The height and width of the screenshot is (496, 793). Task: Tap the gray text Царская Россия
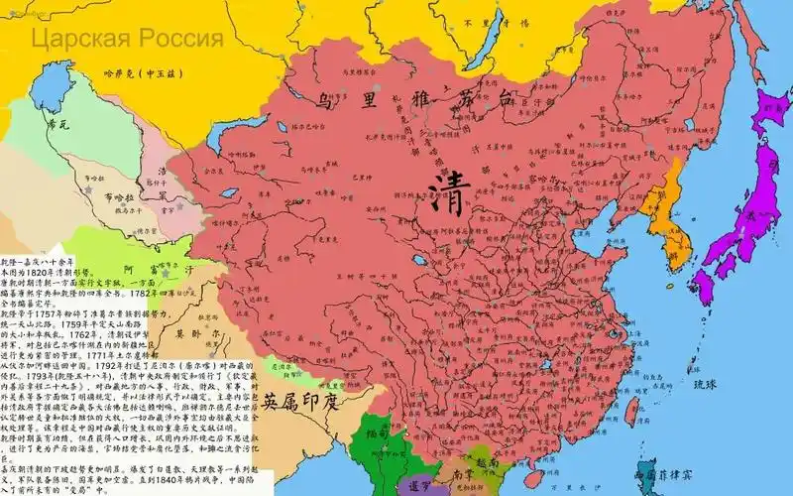tap(127, 40)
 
